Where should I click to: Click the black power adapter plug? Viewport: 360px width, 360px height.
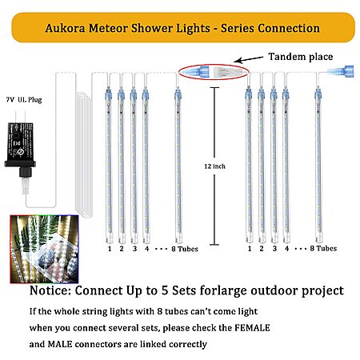(x=20, y=150)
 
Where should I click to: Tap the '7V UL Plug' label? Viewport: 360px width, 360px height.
(x=24, y=100)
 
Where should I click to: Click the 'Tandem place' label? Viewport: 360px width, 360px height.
(x=301, y=57)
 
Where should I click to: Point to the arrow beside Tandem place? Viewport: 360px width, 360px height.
(x=248, y=60)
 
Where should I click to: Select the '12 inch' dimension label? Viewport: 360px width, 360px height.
(x=214, y=166)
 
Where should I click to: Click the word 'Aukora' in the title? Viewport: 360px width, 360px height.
(x=65, y=28)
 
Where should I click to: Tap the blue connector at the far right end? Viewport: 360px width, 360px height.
(x=342, y=71)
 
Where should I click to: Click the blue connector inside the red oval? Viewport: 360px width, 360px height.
(x=196, y=71)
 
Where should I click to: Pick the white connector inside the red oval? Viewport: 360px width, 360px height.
(x=227, y=71)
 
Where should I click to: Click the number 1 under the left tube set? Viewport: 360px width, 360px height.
(x=110, y=249)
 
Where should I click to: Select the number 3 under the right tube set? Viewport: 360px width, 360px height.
(x=274, y=249)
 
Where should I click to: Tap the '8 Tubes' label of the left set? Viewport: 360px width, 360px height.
(x=185, y=249)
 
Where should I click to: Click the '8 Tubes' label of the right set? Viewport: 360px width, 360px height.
(x=323, y=249)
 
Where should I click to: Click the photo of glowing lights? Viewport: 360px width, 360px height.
(x=44, y=249)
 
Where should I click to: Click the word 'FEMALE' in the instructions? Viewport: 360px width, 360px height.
(x=252, y=328)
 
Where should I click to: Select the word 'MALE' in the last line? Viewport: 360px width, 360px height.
(x=60, y=344)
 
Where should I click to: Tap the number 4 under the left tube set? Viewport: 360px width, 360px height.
(x=146, y=249)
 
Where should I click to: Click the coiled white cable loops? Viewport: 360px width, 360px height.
(x=84, y=154)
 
